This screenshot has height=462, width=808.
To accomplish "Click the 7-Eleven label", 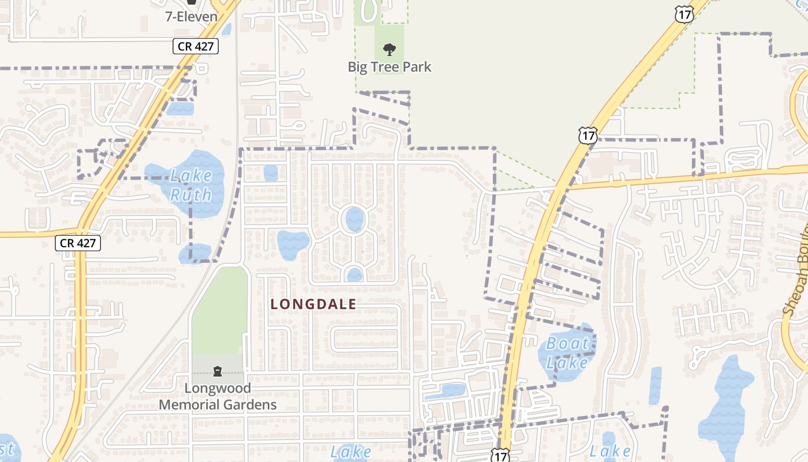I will [x=191, y=16].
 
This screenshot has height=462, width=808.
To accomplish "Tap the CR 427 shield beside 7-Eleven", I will [x=196, y=46].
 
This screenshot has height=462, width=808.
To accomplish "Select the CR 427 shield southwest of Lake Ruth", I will [x=78, y=243].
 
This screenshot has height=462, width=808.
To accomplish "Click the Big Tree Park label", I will [x=389, y=67].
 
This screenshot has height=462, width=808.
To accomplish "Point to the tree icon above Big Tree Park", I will [x=390, y=50].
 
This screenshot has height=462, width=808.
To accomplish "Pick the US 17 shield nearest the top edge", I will [x=683, y=15].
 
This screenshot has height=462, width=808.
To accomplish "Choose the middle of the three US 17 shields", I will [x=587, y=136].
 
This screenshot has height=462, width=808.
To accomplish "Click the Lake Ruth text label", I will [x=190, y=185].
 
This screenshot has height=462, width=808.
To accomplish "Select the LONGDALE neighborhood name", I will [x=313, y=304].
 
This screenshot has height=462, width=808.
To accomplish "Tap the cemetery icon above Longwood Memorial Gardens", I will [x=218, y=371].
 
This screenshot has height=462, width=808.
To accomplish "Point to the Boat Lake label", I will [x=568, y=353].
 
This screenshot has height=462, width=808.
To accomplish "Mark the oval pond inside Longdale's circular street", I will [x=354, y=219].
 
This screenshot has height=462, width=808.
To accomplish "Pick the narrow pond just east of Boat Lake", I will [x=655, y=385].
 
